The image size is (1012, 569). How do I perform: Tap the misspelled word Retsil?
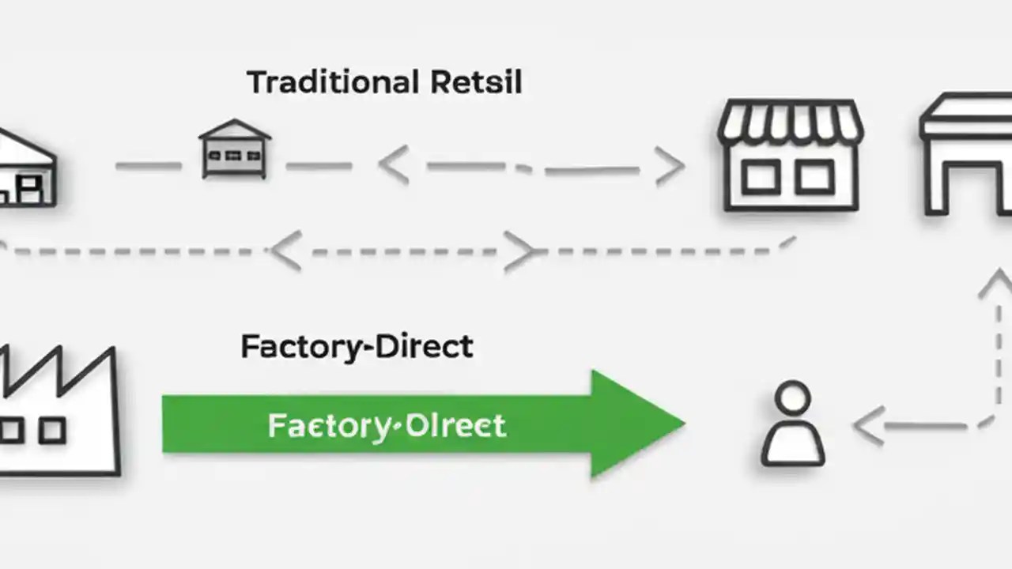(x=477, y=82)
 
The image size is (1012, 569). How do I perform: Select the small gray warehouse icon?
(x=235, y=149)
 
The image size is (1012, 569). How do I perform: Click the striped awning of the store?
(x=790, y=122)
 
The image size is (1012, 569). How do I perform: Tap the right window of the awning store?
(x=814, y=178)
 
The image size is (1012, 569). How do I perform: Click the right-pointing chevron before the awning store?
(x=670, y=167)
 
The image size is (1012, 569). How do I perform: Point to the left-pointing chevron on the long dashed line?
(x=285, y=251)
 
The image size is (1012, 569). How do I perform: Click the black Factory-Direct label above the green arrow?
(x=357, y=347)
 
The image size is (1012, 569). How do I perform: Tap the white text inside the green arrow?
(x=387, y=426)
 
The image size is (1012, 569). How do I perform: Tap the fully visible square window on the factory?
(x=52, y=431)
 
